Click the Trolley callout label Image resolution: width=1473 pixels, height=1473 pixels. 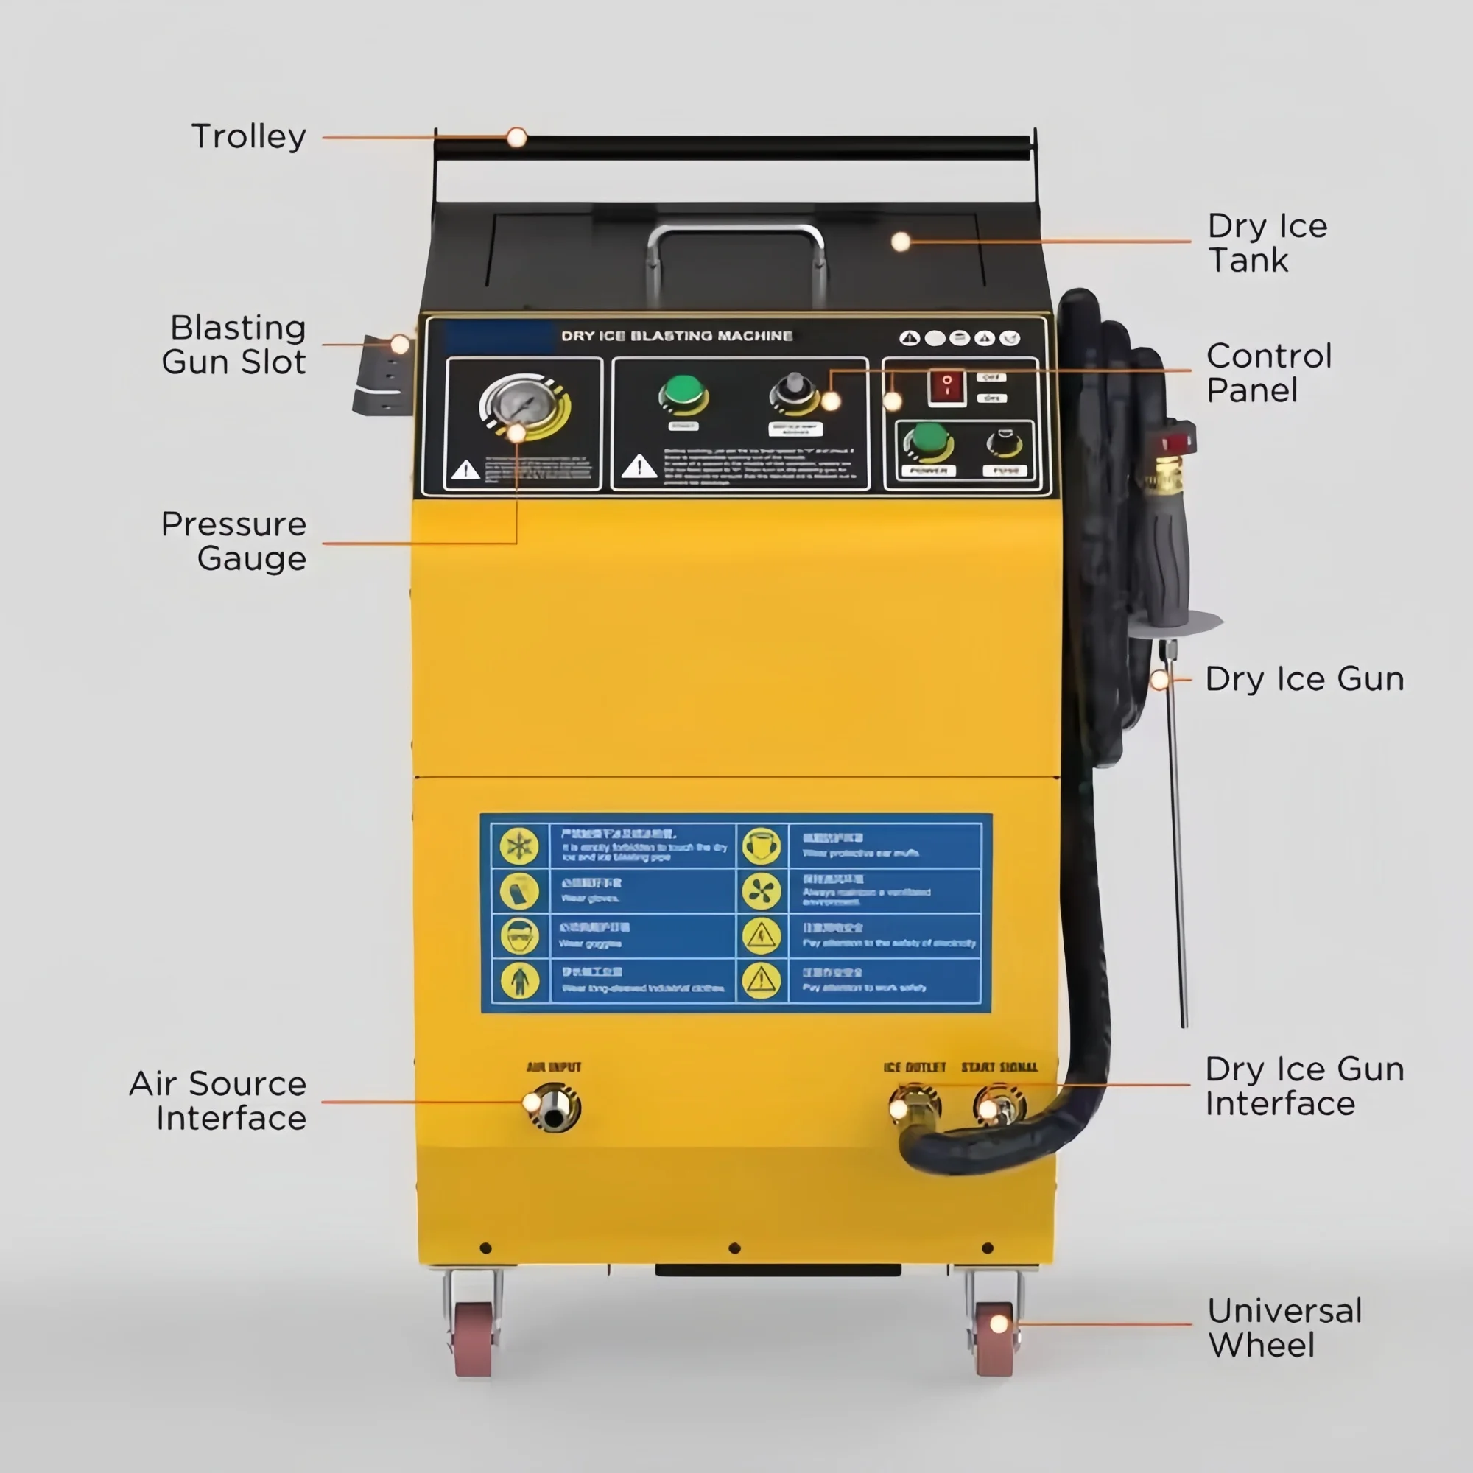coord(248,136)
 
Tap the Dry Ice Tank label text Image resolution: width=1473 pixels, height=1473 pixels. coord(1266,242)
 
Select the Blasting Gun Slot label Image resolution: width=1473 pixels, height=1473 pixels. coord(234,345)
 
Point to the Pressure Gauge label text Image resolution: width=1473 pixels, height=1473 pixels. coord(234,541)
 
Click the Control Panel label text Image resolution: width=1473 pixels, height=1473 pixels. coord(1269,373)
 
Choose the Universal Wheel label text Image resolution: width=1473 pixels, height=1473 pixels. coord(1284,1327)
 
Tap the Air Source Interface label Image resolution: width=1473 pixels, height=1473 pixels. coord(218,1100)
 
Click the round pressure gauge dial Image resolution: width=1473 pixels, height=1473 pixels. coord(523,404)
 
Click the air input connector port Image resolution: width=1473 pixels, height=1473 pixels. coord(555,1108)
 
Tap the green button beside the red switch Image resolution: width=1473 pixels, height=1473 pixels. coord(928,440)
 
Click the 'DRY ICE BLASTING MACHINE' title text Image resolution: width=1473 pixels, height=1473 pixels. coord(676,337)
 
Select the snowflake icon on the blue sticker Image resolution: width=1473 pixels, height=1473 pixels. coord(519,846)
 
